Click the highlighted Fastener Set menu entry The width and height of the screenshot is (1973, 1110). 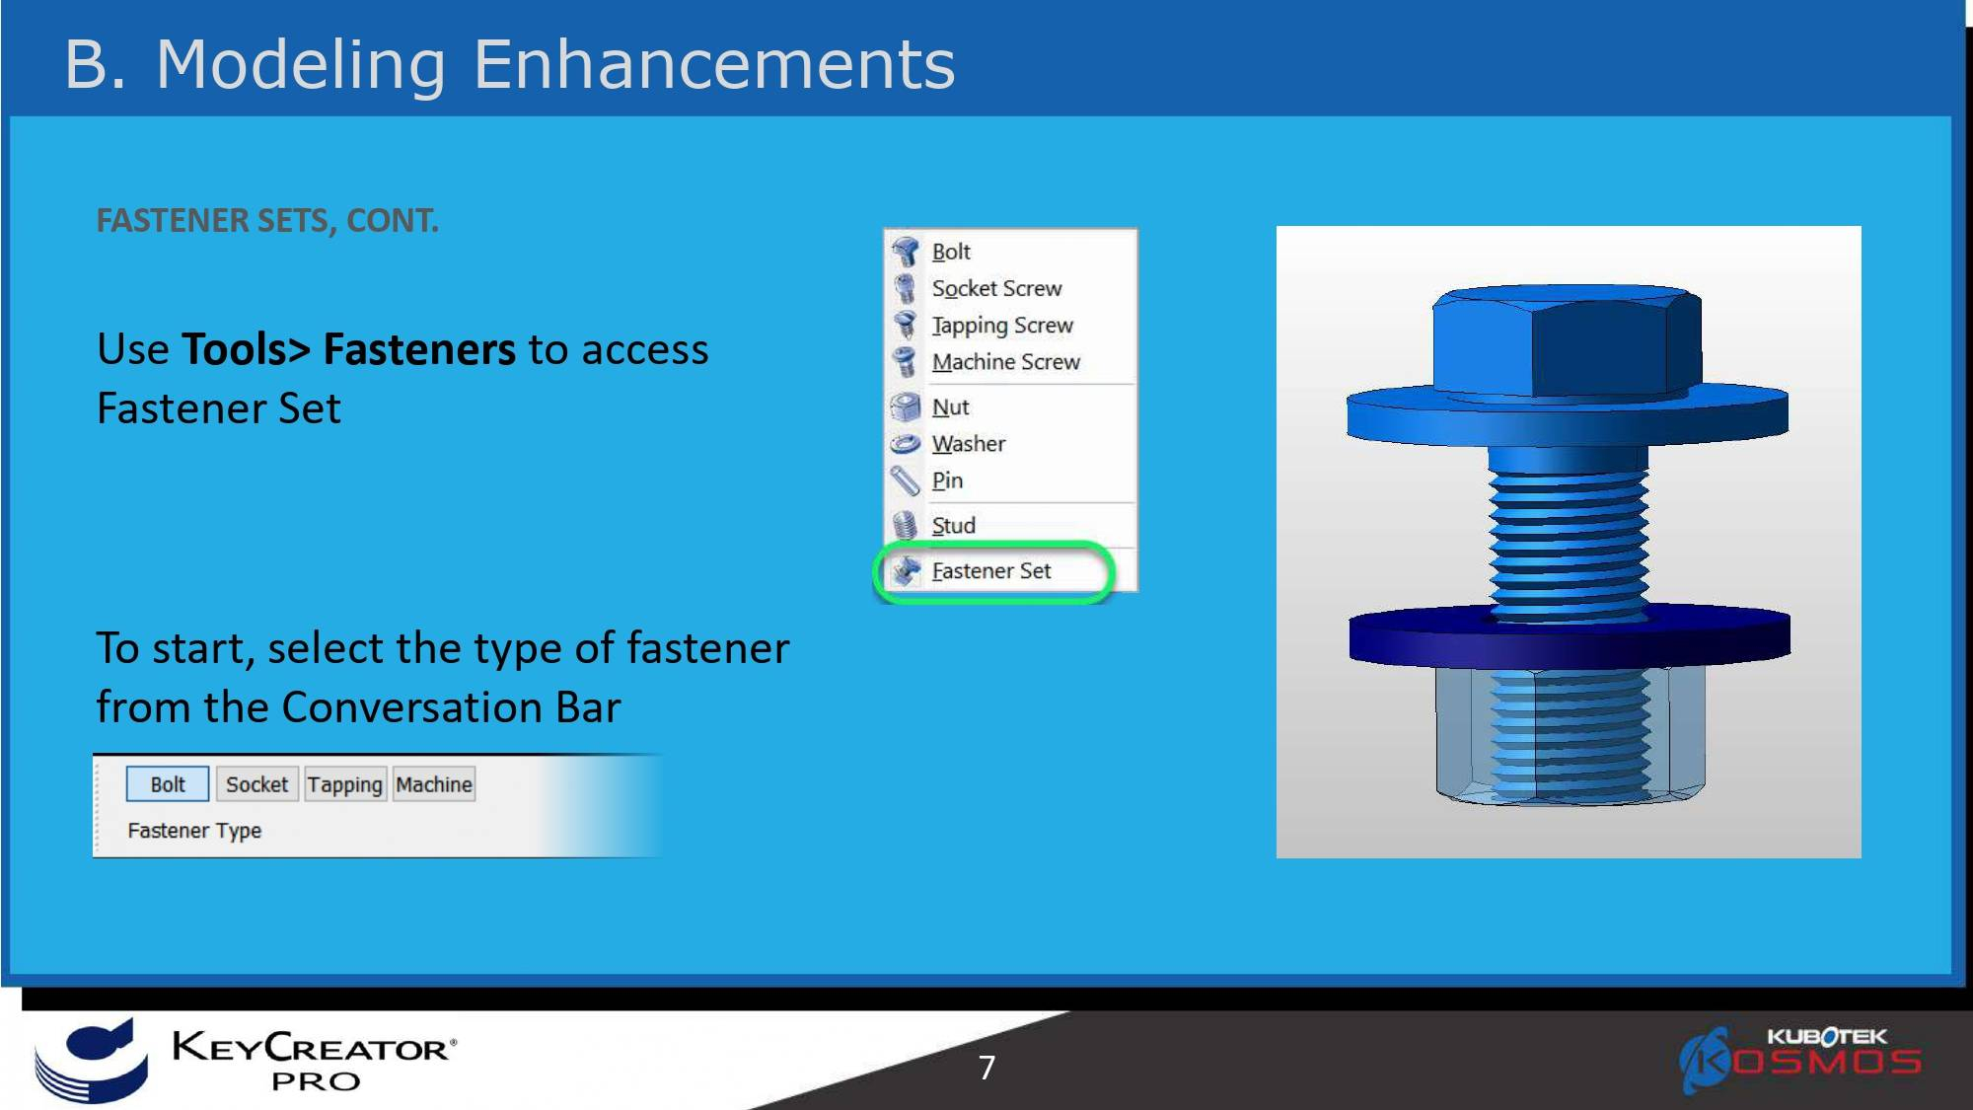991,571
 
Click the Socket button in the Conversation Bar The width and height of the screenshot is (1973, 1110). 256,784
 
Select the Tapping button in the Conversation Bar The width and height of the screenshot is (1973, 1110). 344,784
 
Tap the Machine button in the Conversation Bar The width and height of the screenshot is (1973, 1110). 434,784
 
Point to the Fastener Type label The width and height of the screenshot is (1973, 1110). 194,831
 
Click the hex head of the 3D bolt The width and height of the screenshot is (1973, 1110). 1567,340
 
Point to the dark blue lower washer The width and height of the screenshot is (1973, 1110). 1570,637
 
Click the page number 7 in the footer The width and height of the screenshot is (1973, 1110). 986,1068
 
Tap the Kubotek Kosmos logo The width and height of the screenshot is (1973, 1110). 1801,1059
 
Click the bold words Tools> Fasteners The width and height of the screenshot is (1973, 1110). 348,349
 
